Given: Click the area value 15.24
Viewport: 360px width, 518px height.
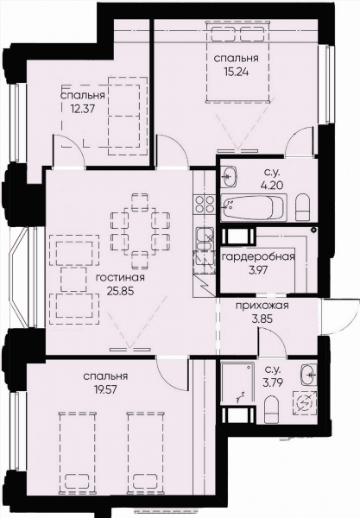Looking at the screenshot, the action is (x=236, y=72).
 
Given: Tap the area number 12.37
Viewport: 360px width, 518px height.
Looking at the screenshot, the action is (x=83, y=109).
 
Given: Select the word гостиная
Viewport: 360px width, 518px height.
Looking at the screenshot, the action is (x=120, y=278).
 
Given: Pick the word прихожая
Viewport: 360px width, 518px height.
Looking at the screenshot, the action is (x=262, y=306).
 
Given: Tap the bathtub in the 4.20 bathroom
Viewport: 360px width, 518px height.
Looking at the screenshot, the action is (x=253, y=208).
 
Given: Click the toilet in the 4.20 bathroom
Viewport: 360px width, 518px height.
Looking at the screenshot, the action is (x=302, y=207).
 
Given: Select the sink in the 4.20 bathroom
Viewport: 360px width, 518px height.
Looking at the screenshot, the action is (x=229, y=177).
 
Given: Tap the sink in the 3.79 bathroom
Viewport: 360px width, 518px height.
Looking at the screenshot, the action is (x=309, y=375).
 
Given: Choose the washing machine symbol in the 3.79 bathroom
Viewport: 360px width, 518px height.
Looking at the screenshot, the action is (x=304, y=403).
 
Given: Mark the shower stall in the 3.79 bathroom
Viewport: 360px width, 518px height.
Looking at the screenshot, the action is (x=237, y=384).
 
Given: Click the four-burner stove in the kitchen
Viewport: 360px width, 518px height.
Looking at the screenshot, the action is (x=205, y=205).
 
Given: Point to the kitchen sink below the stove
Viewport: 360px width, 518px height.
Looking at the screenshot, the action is (x=205, y=239).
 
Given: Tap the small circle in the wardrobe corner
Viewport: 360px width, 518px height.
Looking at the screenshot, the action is (x=313, y=229).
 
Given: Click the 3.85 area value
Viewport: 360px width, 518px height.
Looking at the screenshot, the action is (x=262, y=319).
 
